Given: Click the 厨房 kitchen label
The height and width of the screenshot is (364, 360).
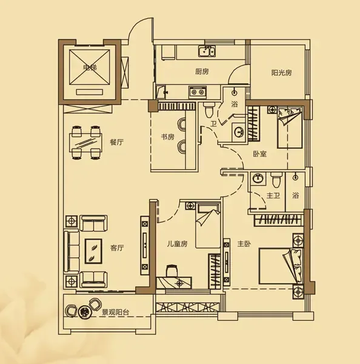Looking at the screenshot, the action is pyautogui.click(x=202, y=72).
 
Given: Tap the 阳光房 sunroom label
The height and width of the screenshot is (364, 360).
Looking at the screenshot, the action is pyautogui.click(x=281, y=73).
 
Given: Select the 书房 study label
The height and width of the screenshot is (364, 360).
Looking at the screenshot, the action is pyautogui.click(x=168, y=137).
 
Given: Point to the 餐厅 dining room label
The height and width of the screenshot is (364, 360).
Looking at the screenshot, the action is pyautogui.click(x=117, y=142).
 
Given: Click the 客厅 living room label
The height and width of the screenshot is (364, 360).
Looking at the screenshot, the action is pyautogui.click(x=117, y=248).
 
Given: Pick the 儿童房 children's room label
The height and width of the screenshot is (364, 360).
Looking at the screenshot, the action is pyautogui.click(x=177, y=244).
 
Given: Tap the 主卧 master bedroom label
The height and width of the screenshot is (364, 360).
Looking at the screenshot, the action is pyautogui.click(x=244, y=244).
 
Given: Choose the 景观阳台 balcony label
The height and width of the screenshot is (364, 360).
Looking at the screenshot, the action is pyautogui.click(x=116, y=312).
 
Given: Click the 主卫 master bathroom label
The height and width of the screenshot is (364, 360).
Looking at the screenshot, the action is pyautogui.click(x=273, y=195).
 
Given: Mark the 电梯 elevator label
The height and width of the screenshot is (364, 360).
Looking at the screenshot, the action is pyautogui.click(x=90, y=67).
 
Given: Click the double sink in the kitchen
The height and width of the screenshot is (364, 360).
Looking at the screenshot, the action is pyautogui.click(x=207, y=52).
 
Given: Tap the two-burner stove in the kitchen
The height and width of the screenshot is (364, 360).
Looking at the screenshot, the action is pyautogui.click(x=198, y=92).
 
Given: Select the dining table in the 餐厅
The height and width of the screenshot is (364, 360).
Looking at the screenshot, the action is pyautogui.click(x=85, y=143).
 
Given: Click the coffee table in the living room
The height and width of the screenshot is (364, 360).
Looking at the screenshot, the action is pyautogui.click(x=93, y=251).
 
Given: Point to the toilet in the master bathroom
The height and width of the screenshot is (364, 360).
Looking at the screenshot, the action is pyautogui.click(x=276, y=180).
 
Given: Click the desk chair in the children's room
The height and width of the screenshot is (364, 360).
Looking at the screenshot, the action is pyautogui.click(x=172, y=271).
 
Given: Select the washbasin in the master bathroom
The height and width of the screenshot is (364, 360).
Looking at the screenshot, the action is pyautogui.click(x=258, y=178).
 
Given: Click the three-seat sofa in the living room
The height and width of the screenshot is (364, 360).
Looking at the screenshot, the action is pyautogui.click(x=71, y=251).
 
